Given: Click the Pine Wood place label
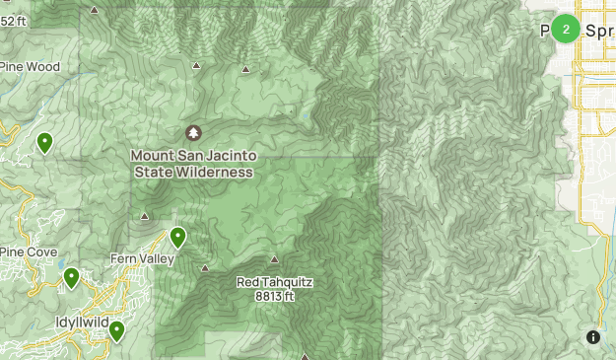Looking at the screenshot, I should pos(31,67).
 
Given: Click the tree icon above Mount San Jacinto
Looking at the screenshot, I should pos(193,132).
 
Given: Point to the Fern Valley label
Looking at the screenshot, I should pos(142,259).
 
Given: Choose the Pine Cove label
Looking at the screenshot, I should pos(29,252).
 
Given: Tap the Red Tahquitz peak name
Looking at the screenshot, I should pos(274,282).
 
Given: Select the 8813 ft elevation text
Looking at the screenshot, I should pos(275,295).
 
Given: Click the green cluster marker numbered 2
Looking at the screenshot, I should pos(566,29).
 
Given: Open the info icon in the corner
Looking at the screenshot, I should pos(593,337).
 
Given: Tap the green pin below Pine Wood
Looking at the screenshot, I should pos(44,143).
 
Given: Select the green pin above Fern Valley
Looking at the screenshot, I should pos(178,237).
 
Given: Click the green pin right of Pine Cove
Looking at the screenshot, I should pos(71,278).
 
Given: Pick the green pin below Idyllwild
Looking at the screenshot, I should pos(117,331).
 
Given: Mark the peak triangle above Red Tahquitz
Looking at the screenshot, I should pos(274,259).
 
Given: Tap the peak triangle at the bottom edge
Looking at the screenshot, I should pos(306,356).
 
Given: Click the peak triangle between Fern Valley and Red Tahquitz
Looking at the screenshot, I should pos(205,267).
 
